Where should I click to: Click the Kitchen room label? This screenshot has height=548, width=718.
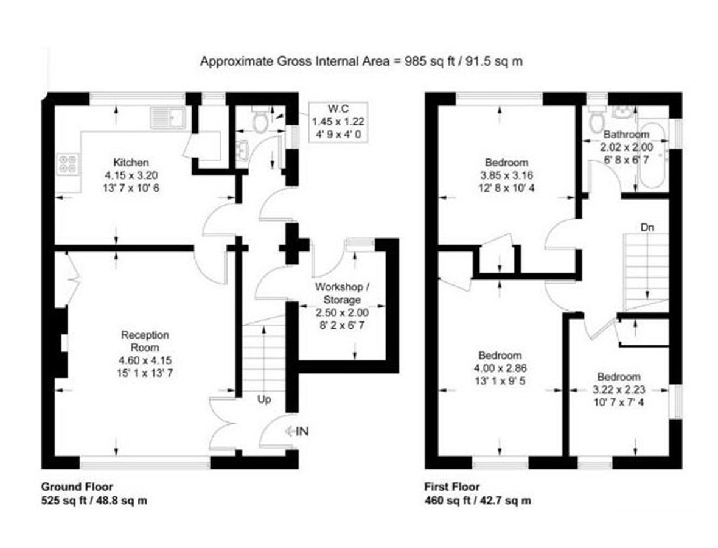[131, 162]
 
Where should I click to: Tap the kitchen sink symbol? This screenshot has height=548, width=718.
[167, 118]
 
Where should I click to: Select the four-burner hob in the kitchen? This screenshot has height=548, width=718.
[68, 164]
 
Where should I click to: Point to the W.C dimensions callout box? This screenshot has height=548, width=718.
[338, 122]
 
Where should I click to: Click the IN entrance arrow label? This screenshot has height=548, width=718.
[297, 431]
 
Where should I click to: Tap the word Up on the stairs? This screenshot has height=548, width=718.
[263, 399]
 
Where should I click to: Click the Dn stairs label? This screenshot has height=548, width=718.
[647, 227]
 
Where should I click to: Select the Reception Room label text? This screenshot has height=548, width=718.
[145, 341]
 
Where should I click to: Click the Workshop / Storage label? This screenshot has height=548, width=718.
[342, 293]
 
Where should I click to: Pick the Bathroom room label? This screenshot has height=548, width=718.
[626, 135]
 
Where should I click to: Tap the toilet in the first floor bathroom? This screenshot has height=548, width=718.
[597, 119]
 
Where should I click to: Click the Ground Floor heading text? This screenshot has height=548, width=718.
[77, 487]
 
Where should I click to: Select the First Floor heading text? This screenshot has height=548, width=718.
[453, 487]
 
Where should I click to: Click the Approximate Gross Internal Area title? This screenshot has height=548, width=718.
[361, 61]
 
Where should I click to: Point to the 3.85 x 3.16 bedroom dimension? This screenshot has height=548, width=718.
[506, 175]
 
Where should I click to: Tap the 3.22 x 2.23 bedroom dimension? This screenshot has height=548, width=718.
[619, 390]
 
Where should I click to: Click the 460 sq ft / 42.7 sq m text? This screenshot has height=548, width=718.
[478, 501]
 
